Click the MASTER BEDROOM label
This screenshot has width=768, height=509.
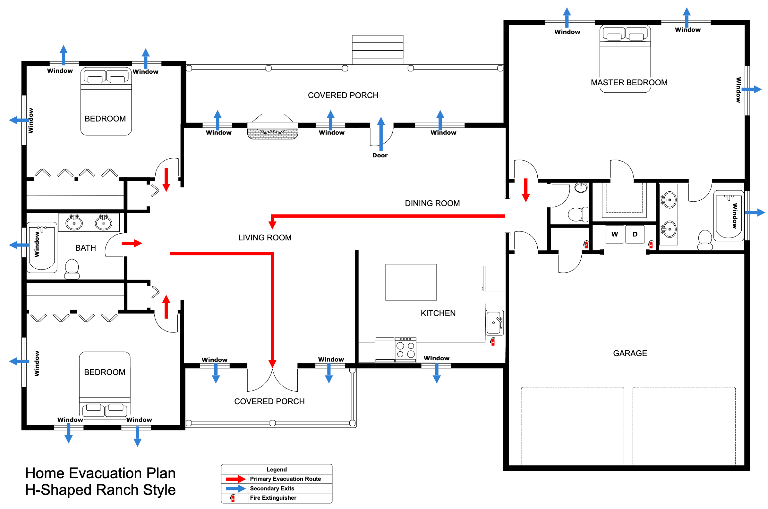pyautogui.click(x=629, y=82)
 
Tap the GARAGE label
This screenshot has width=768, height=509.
pyautogui.click(x=630, y=353)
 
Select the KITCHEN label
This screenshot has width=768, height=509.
pyautogui.click(x=438, y=313)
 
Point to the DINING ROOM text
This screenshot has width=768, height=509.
pyautogui.click(x=432, y=203)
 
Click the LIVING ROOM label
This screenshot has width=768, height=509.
pyautogui.click(x=265, y=238)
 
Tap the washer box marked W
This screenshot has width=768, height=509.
pyautogui.click(x=614, y=234)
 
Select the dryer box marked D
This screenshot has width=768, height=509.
pyautogui.click(x=635, y=234)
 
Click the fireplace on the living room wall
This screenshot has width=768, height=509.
pyautogui.click(x=272, y=127)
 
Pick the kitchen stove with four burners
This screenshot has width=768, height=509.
pyautogui.click(x=405, y=350)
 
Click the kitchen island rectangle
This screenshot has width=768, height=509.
pyautogui.click(x=411, y=282)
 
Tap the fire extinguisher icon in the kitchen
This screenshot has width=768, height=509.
pyautogui.click(x=492, y=342)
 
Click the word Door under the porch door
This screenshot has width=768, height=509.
pyautogui.click(x=380, y=155)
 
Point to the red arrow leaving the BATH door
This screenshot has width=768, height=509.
pyautogui.click(x=132, y=243)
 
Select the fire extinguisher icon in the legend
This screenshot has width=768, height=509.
pyautogui.click(x=233, y=498)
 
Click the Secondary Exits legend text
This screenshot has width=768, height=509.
pyautogui.click(x=272, y=488)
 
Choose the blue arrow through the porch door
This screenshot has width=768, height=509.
pyautogui.click(x=380, y=133)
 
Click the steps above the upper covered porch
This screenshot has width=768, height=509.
pyautogui.click(x=377, y=50)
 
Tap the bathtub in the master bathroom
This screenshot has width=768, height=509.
pyautogui.click(x=728, y=215)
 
